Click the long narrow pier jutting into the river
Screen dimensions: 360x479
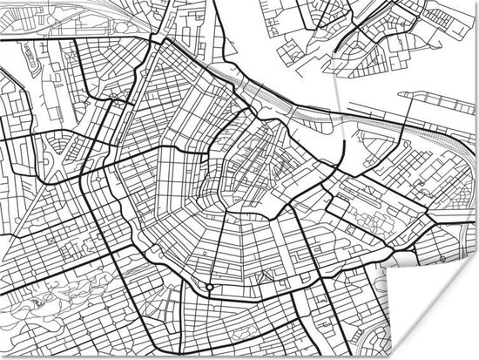[x=435, y=97]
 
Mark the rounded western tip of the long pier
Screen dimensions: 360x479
[x=401, y=98]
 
